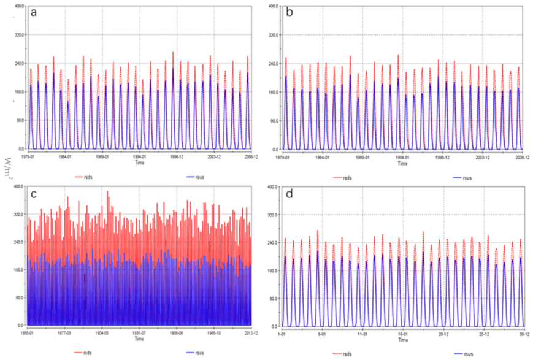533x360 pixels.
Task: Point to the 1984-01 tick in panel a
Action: click(x=64, y=157)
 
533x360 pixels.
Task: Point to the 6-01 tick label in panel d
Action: click(x=322, y=334)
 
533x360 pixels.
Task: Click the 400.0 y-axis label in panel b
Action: click(x=273, y=7)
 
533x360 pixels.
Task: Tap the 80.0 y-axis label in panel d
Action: click(x=273, y=298)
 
